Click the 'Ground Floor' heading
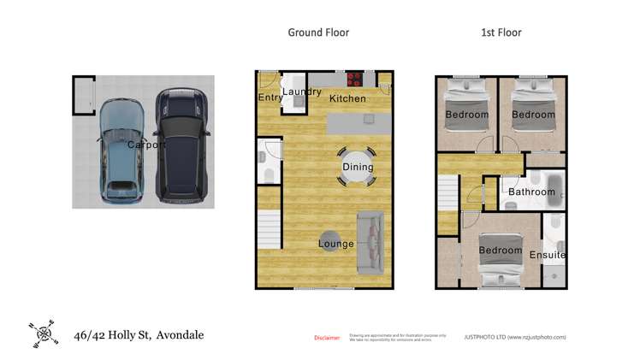(317, 32)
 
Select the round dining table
(357, 166)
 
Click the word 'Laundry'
(301, 91)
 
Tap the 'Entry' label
(270, 97)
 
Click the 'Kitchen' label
(347, 98)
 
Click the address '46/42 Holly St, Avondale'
(139, 334)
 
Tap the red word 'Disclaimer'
(327, 338)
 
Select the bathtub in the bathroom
(542, 184)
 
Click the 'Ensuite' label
(548, 255)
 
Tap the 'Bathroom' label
(531, 192)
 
